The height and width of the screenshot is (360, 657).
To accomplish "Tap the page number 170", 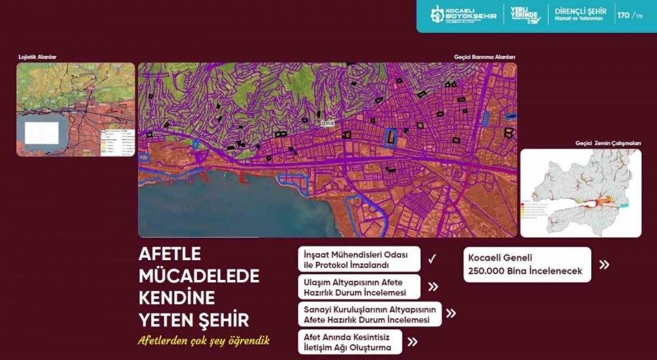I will (x=623, y=15).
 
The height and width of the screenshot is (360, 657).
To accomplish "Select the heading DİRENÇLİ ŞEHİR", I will (x=581, y=12).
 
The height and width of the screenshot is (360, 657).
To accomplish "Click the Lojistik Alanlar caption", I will (x=37, y=57).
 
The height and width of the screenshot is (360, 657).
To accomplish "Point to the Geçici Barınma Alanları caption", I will (x=484, y=57).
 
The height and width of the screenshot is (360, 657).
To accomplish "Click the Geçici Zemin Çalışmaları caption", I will (x=608, y=143).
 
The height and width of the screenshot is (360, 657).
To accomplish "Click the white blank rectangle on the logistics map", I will (x=42, y=133).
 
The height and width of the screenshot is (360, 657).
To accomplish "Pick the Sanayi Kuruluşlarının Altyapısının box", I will (x=370, y=314).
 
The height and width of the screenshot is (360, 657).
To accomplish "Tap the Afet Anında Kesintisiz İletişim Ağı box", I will (x=350, y=342).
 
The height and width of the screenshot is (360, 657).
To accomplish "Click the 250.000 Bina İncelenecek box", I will (x=527, y=265).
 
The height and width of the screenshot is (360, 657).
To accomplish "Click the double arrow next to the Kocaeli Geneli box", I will (x=604, y=265).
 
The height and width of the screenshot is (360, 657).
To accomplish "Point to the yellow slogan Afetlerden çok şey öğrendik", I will (x=204, y=341).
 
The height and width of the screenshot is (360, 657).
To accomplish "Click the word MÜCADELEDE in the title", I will (x=199, y=275).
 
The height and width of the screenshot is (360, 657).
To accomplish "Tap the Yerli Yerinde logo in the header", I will (x=525, y=15).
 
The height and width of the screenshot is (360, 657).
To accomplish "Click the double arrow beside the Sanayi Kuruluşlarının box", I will (x=451, y=313).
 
